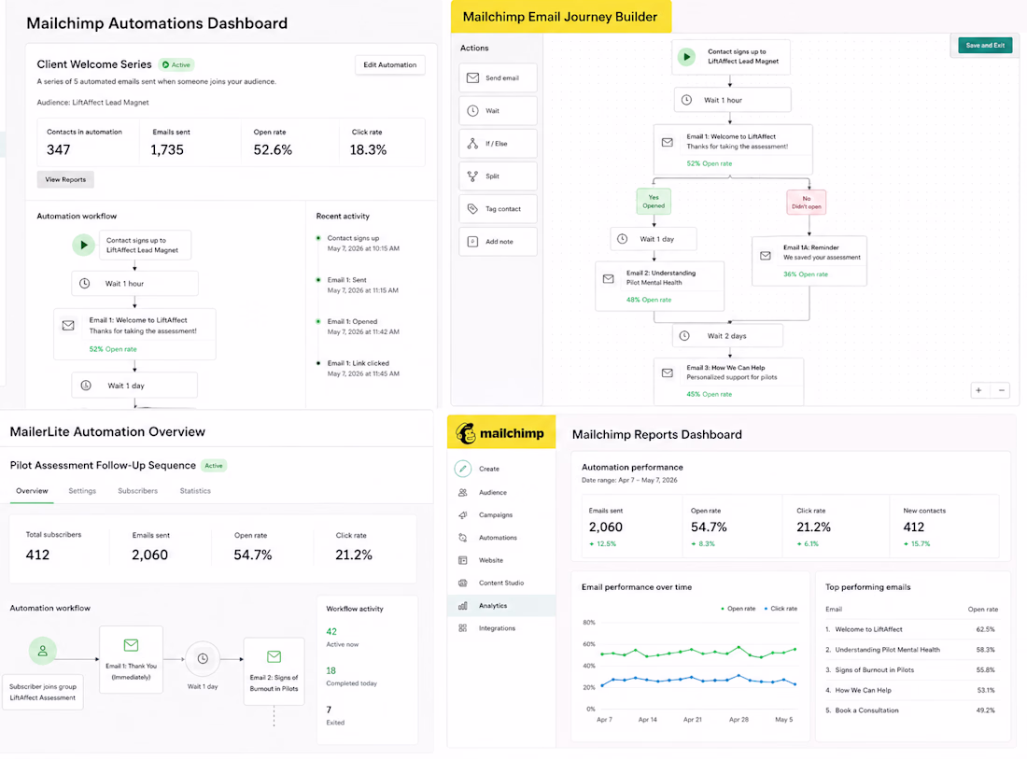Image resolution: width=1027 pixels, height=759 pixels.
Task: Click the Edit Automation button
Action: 389,64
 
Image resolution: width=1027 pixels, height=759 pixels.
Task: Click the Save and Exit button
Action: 985,45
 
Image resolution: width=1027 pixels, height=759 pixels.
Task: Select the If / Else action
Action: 498,144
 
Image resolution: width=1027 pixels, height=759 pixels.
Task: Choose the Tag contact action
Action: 498,209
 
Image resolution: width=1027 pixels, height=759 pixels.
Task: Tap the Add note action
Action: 498,242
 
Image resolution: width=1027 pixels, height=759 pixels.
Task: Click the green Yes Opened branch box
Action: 654,202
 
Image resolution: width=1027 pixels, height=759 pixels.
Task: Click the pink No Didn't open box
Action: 807,203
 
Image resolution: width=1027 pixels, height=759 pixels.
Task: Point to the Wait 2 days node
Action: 727,336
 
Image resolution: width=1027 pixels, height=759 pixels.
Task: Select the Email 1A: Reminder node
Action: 809,260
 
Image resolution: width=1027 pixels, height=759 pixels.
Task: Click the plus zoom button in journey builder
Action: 978,390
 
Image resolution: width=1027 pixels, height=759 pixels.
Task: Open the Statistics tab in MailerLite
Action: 195,490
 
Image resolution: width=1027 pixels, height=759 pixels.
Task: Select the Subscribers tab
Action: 137,490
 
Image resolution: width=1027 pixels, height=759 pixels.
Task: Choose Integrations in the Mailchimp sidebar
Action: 497,628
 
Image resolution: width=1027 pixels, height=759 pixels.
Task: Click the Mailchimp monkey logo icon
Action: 466,433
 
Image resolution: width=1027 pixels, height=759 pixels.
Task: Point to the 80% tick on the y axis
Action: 589,622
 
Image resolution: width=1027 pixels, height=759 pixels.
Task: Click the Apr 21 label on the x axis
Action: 693,719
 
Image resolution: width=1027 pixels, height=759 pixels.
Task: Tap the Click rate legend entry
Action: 781,609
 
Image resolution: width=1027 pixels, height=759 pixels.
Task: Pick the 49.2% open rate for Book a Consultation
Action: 985,710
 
